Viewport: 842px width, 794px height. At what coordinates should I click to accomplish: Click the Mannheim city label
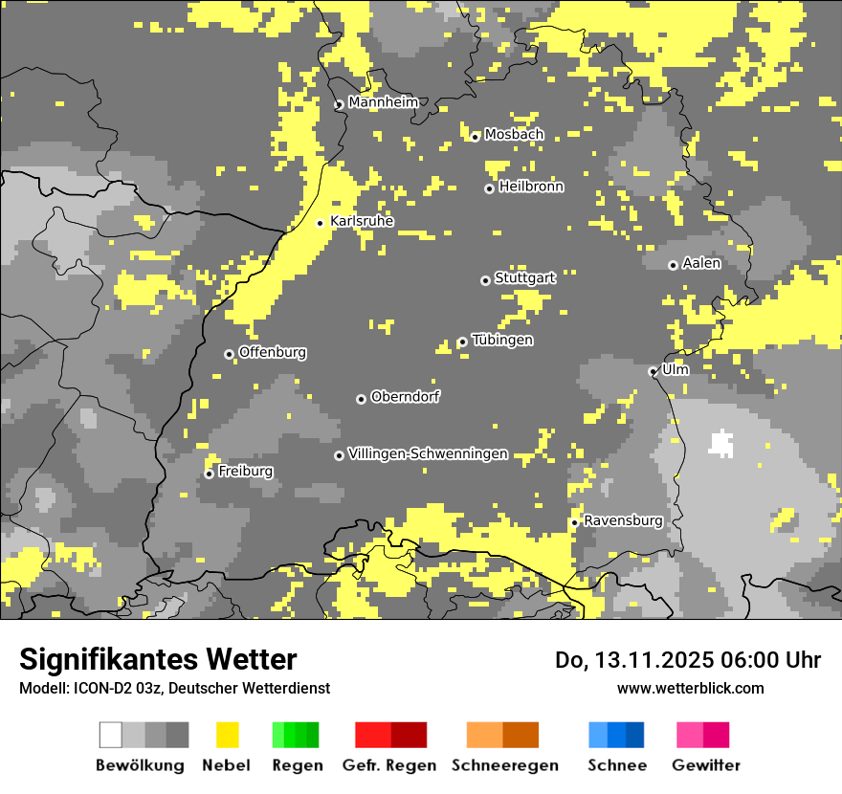(383, 102)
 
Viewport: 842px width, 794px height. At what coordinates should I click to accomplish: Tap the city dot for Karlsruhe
(321, 223)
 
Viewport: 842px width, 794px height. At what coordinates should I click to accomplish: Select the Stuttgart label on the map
(524, 278)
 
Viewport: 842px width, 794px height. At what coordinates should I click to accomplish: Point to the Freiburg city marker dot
(209, 474)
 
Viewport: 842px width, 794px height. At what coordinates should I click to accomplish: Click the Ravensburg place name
(623, 521)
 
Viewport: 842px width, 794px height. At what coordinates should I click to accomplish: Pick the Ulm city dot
(653, 371)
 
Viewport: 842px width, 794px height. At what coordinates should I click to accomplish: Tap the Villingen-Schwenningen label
(428, 454)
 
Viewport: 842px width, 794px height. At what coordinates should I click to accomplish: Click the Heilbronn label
(531, 187)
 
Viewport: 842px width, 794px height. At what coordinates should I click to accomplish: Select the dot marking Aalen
(673, 265)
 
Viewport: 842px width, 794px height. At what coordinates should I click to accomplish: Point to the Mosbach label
(514, 135)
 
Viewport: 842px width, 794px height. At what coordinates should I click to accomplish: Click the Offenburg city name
(273, 352)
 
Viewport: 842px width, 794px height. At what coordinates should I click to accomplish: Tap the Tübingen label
(502, 341)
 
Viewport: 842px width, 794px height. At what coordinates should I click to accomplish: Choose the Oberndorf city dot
(361, 399)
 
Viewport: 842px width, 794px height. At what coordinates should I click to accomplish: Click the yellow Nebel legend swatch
(228, 735)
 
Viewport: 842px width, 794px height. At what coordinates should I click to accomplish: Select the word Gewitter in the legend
(706, 765)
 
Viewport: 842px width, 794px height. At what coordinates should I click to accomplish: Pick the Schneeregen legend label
(505, 765)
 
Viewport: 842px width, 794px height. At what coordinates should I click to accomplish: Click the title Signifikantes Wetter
(158, 659)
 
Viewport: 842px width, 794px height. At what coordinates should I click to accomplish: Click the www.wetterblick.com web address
(690, 688)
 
